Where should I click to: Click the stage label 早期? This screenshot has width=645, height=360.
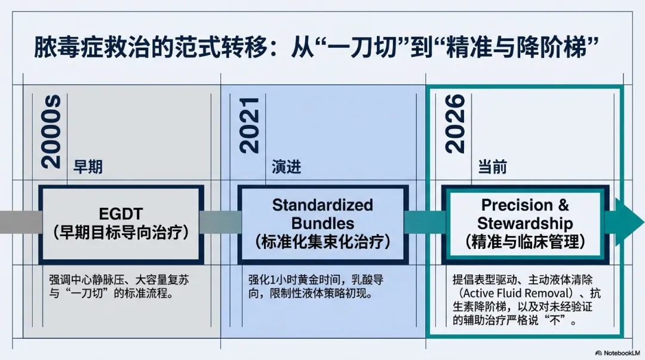coord(88,167)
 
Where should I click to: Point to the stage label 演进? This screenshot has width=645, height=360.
coord(286,167)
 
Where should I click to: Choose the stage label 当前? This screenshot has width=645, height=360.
coord(492,167)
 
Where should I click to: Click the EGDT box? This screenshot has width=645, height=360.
coord(121,224)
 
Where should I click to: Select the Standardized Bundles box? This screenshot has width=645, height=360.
coord(322,224)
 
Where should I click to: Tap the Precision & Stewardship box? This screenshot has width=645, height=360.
coord(525,224)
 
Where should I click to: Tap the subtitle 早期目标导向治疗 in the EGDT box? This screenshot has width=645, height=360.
coord(121,232)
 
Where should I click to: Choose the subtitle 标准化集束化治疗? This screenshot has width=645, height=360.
coord(322,241)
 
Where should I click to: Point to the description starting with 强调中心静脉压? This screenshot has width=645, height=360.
coord(119,287)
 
